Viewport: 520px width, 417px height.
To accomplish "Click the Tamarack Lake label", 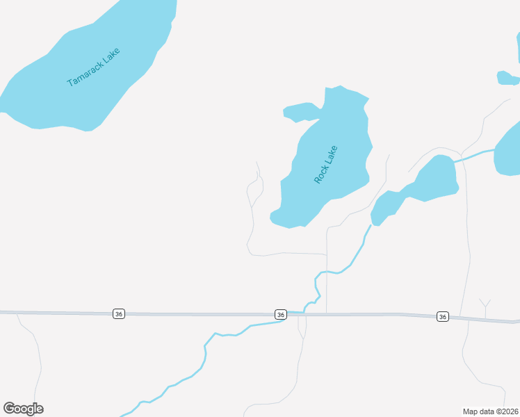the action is pyautogui.click(x=93, y=67).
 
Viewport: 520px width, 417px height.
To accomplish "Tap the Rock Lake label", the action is pyautogui.click(x=325, y=164).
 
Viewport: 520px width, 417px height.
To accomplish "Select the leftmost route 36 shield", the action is pyautogui.click(x=119, y=314).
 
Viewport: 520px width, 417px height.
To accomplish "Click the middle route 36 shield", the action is pyautogui.click(x=280, y=315).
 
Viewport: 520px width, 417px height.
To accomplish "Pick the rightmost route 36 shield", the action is pyautogui.click(x=443, y=317).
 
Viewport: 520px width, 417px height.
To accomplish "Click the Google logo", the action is pyautogui.click(x=23, y=409).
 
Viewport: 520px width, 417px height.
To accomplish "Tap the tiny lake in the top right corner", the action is pyautogui.click(x=507, y=78).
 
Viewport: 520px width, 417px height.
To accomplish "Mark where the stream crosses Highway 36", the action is pyautogui.click(x=304, y=314).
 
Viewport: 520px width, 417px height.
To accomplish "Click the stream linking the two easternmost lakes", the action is pyautogui.click(x=475, y=154).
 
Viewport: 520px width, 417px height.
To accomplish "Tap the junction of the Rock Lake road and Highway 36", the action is pyautogui.click(x=327, y=314).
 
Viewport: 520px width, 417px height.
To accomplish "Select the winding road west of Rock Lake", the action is pyautogui.click(x=251, y=208).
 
